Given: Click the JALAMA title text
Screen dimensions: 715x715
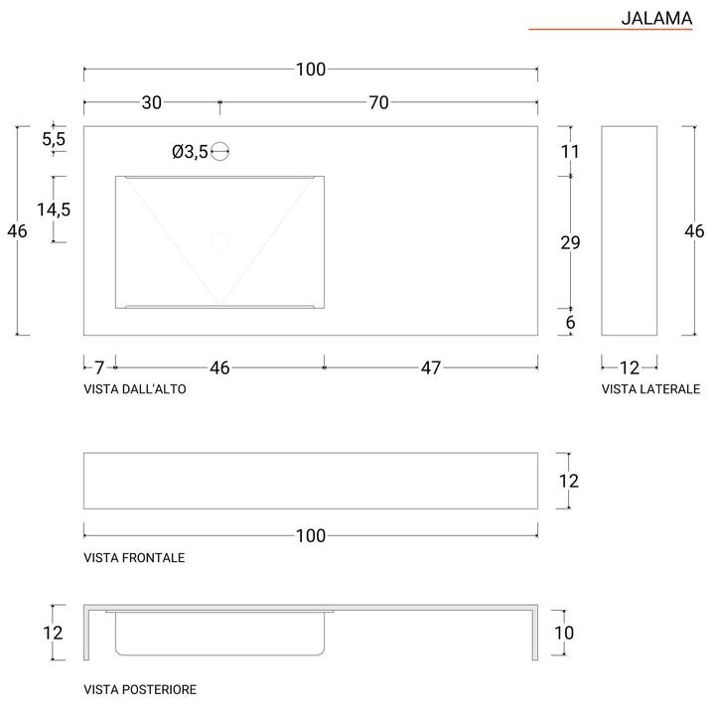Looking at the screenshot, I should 656,17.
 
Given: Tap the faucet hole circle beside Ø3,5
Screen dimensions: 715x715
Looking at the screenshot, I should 220,152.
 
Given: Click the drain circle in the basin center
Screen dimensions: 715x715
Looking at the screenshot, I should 219,240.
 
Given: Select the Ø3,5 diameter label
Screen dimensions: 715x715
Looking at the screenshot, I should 189,152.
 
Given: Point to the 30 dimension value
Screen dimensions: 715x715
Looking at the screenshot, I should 152,102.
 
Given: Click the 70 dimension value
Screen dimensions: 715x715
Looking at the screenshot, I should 377,102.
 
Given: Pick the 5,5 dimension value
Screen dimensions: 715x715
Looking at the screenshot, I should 54,140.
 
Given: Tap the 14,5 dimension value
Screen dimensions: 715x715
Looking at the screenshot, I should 54,210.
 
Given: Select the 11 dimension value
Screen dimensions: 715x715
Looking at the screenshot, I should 570,152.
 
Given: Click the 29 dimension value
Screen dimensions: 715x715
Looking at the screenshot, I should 570,242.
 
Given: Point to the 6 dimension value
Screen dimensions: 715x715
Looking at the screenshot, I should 570,322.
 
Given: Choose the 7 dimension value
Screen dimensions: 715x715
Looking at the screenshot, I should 99,367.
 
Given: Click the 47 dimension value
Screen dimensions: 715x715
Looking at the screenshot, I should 430,367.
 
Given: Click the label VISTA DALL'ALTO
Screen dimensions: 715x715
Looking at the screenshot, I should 135,390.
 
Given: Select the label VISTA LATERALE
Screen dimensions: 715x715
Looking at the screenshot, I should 650,390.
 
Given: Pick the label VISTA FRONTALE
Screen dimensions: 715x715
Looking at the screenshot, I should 134,558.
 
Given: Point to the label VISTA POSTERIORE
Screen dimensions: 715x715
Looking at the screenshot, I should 140,688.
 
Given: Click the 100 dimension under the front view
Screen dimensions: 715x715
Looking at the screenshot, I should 311,536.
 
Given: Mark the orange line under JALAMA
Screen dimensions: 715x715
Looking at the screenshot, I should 610,31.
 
